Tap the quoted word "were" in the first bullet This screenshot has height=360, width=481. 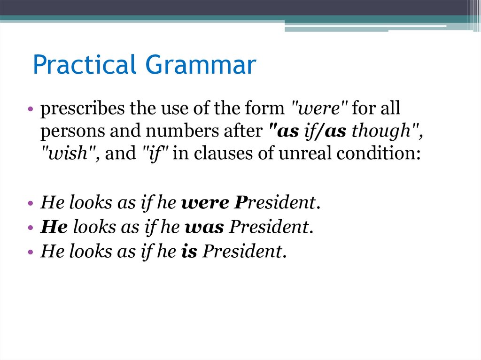point(317,109)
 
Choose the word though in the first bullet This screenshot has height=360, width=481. point(385,132)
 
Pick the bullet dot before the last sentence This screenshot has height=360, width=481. point(30,253)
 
